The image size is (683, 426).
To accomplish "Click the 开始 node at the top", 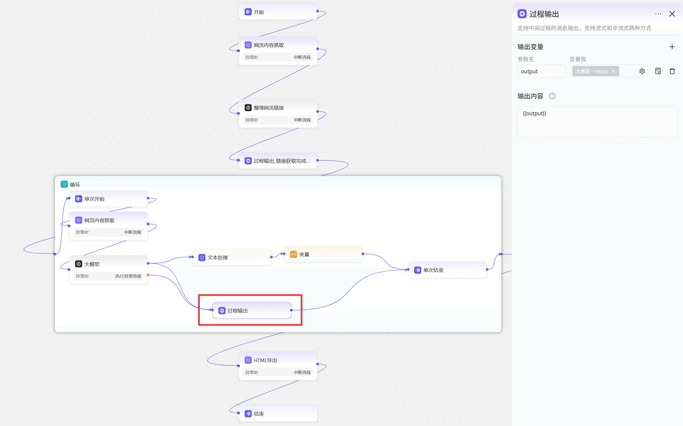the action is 278,12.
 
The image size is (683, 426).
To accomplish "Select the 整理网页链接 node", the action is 278,113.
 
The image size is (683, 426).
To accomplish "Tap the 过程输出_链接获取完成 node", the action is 278,161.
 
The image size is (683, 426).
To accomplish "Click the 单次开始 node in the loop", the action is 108,199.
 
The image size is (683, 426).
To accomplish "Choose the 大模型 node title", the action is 92,264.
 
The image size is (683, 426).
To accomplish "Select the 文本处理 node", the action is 232,257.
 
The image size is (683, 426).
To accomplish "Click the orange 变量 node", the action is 323,254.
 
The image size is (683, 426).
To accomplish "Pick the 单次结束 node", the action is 447,270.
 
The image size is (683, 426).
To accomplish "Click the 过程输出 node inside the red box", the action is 252,310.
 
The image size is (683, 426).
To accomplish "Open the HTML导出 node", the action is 278,366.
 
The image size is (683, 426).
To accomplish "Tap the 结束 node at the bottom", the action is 278,414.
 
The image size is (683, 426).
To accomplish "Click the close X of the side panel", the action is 672,14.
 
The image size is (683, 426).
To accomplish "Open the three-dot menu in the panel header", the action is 658,14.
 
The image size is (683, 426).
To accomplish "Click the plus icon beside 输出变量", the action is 672,47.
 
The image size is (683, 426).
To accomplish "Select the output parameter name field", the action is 541,71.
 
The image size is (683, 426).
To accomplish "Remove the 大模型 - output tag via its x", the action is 613,71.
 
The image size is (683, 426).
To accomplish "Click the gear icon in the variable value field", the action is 642,71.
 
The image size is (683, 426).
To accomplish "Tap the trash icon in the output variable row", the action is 672,71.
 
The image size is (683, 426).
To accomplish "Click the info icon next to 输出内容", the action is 552,96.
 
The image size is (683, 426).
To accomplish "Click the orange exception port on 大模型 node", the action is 148,275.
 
